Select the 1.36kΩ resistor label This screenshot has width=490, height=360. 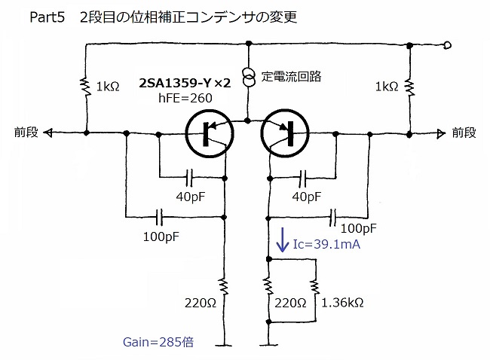click(x=342, y=303)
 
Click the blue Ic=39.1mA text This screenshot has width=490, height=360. click(x=326, y=244)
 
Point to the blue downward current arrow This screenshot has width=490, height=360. click(x=283, y=239)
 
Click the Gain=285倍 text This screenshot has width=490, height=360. click(x=158, y=342)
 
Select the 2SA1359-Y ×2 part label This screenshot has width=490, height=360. click(x=185, y=83)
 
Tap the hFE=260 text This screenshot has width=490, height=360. click(x=185, y=98)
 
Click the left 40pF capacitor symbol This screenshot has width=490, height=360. click(x=189, y=178)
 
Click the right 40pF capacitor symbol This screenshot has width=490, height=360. click(x=302, y=178)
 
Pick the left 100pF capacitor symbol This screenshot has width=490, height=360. click(x=159, y=217)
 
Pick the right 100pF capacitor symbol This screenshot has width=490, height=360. click(x=332, y=218)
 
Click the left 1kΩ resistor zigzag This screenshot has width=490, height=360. click(x=85, y=87)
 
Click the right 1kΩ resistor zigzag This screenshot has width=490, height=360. click(x=409, y=87)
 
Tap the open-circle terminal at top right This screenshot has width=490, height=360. click(x=447, y=46)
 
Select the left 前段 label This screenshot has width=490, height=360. click(x=26, y=133)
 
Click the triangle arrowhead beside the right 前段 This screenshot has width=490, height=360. click(x=441, y=134)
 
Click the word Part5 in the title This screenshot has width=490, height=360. click(x=47, y=17)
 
